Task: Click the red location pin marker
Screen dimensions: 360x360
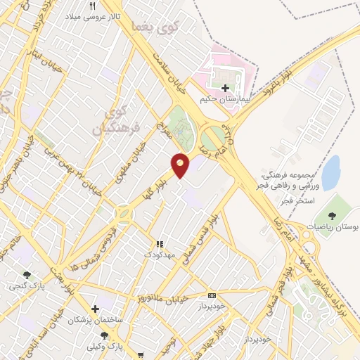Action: tap(181, 163)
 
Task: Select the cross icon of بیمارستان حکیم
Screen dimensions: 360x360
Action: tap(225, 88)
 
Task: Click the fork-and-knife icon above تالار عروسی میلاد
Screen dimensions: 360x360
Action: tap(92, 6)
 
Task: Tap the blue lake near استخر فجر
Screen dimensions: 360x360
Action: tap(330, 171)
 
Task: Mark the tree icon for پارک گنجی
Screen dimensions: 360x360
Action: tap(27, 275)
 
